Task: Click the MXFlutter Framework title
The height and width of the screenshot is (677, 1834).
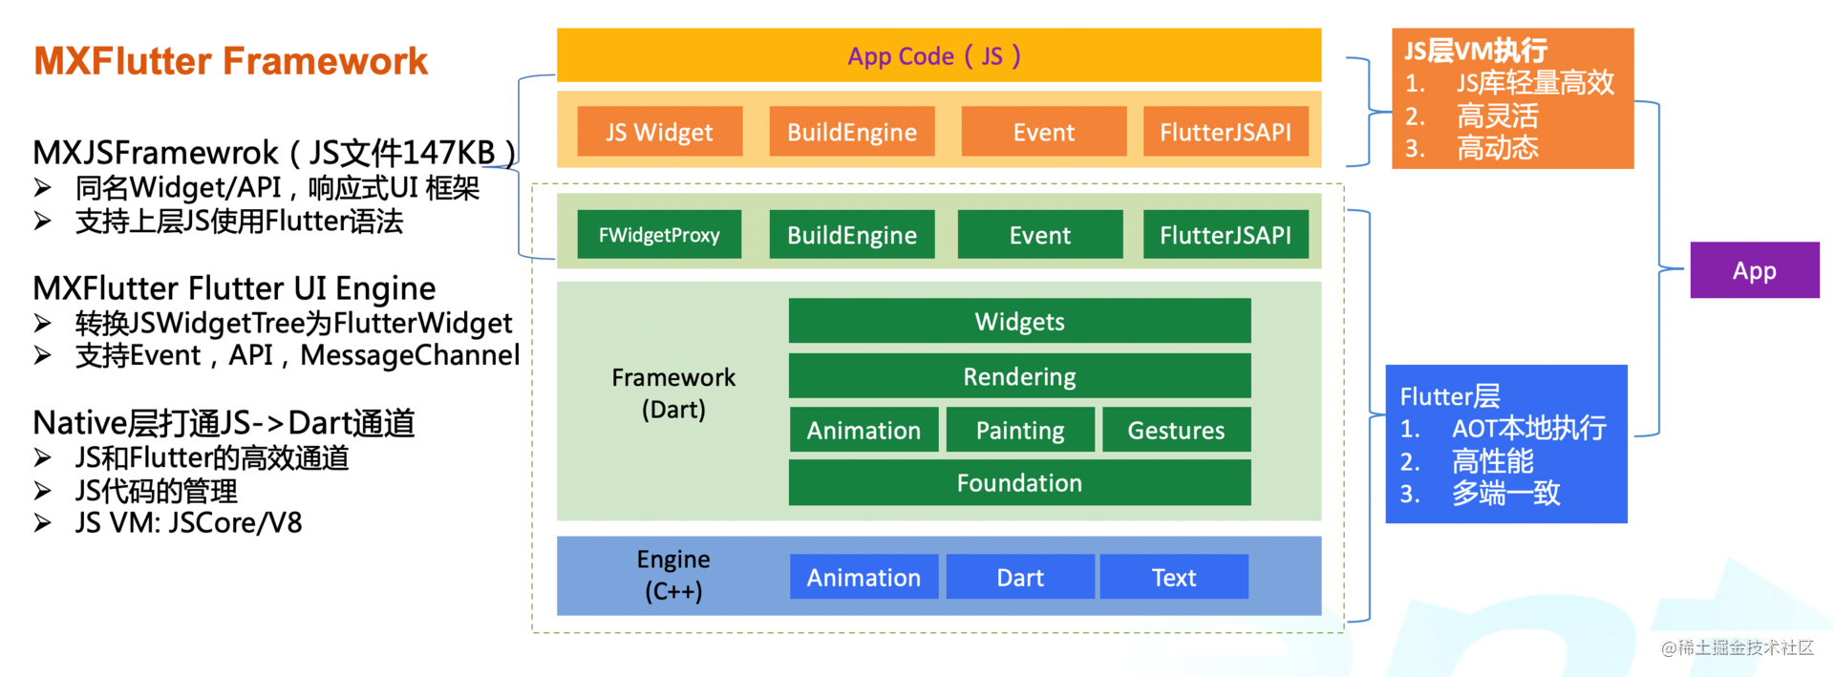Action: [x=231, y=61]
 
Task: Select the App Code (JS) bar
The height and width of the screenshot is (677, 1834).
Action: [x=939, y=55]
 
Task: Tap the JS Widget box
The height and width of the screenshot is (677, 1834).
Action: [x=659, y=132]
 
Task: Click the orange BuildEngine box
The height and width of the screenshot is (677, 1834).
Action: [x=852, y=132]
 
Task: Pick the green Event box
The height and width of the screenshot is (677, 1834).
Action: [x=1040, y=235]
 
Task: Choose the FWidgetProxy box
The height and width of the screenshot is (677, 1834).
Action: [x=659, y=235]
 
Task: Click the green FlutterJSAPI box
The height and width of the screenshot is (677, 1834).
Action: [x=1226, y=235]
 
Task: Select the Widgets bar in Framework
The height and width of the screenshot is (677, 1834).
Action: [x=1019, y=321]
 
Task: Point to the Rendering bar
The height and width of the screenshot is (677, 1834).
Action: [x=1019, y=376]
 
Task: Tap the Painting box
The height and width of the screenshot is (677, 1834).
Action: [x=1020, y=430]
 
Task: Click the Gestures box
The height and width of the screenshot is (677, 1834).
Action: [x=1176, y=430]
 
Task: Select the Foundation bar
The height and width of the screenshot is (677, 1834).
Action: [x=1019, y=482]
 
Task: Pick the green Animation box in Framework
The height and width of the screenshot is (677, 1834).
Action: [x=864, y=430]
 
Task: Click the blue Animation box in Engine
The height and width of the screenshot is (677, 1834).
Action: [x=864, y=577]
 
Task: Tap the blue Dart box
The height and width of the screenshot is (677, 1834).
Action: [x=1020, y=577]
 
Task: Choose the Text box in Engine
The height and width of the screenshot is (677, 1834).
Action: [x=1174, y=577]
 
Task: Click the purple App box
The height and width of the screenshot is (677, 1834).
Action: [x=1755, y=270]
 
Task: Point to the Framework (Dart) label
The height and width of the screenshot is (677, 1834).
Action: [x=673, y=392]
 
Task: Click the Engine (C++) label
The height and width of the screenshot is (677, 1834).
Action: [x=673, y=575]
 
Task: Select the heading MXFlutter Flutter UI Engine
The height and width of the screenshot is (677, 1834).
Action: [x=234, y=288]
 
